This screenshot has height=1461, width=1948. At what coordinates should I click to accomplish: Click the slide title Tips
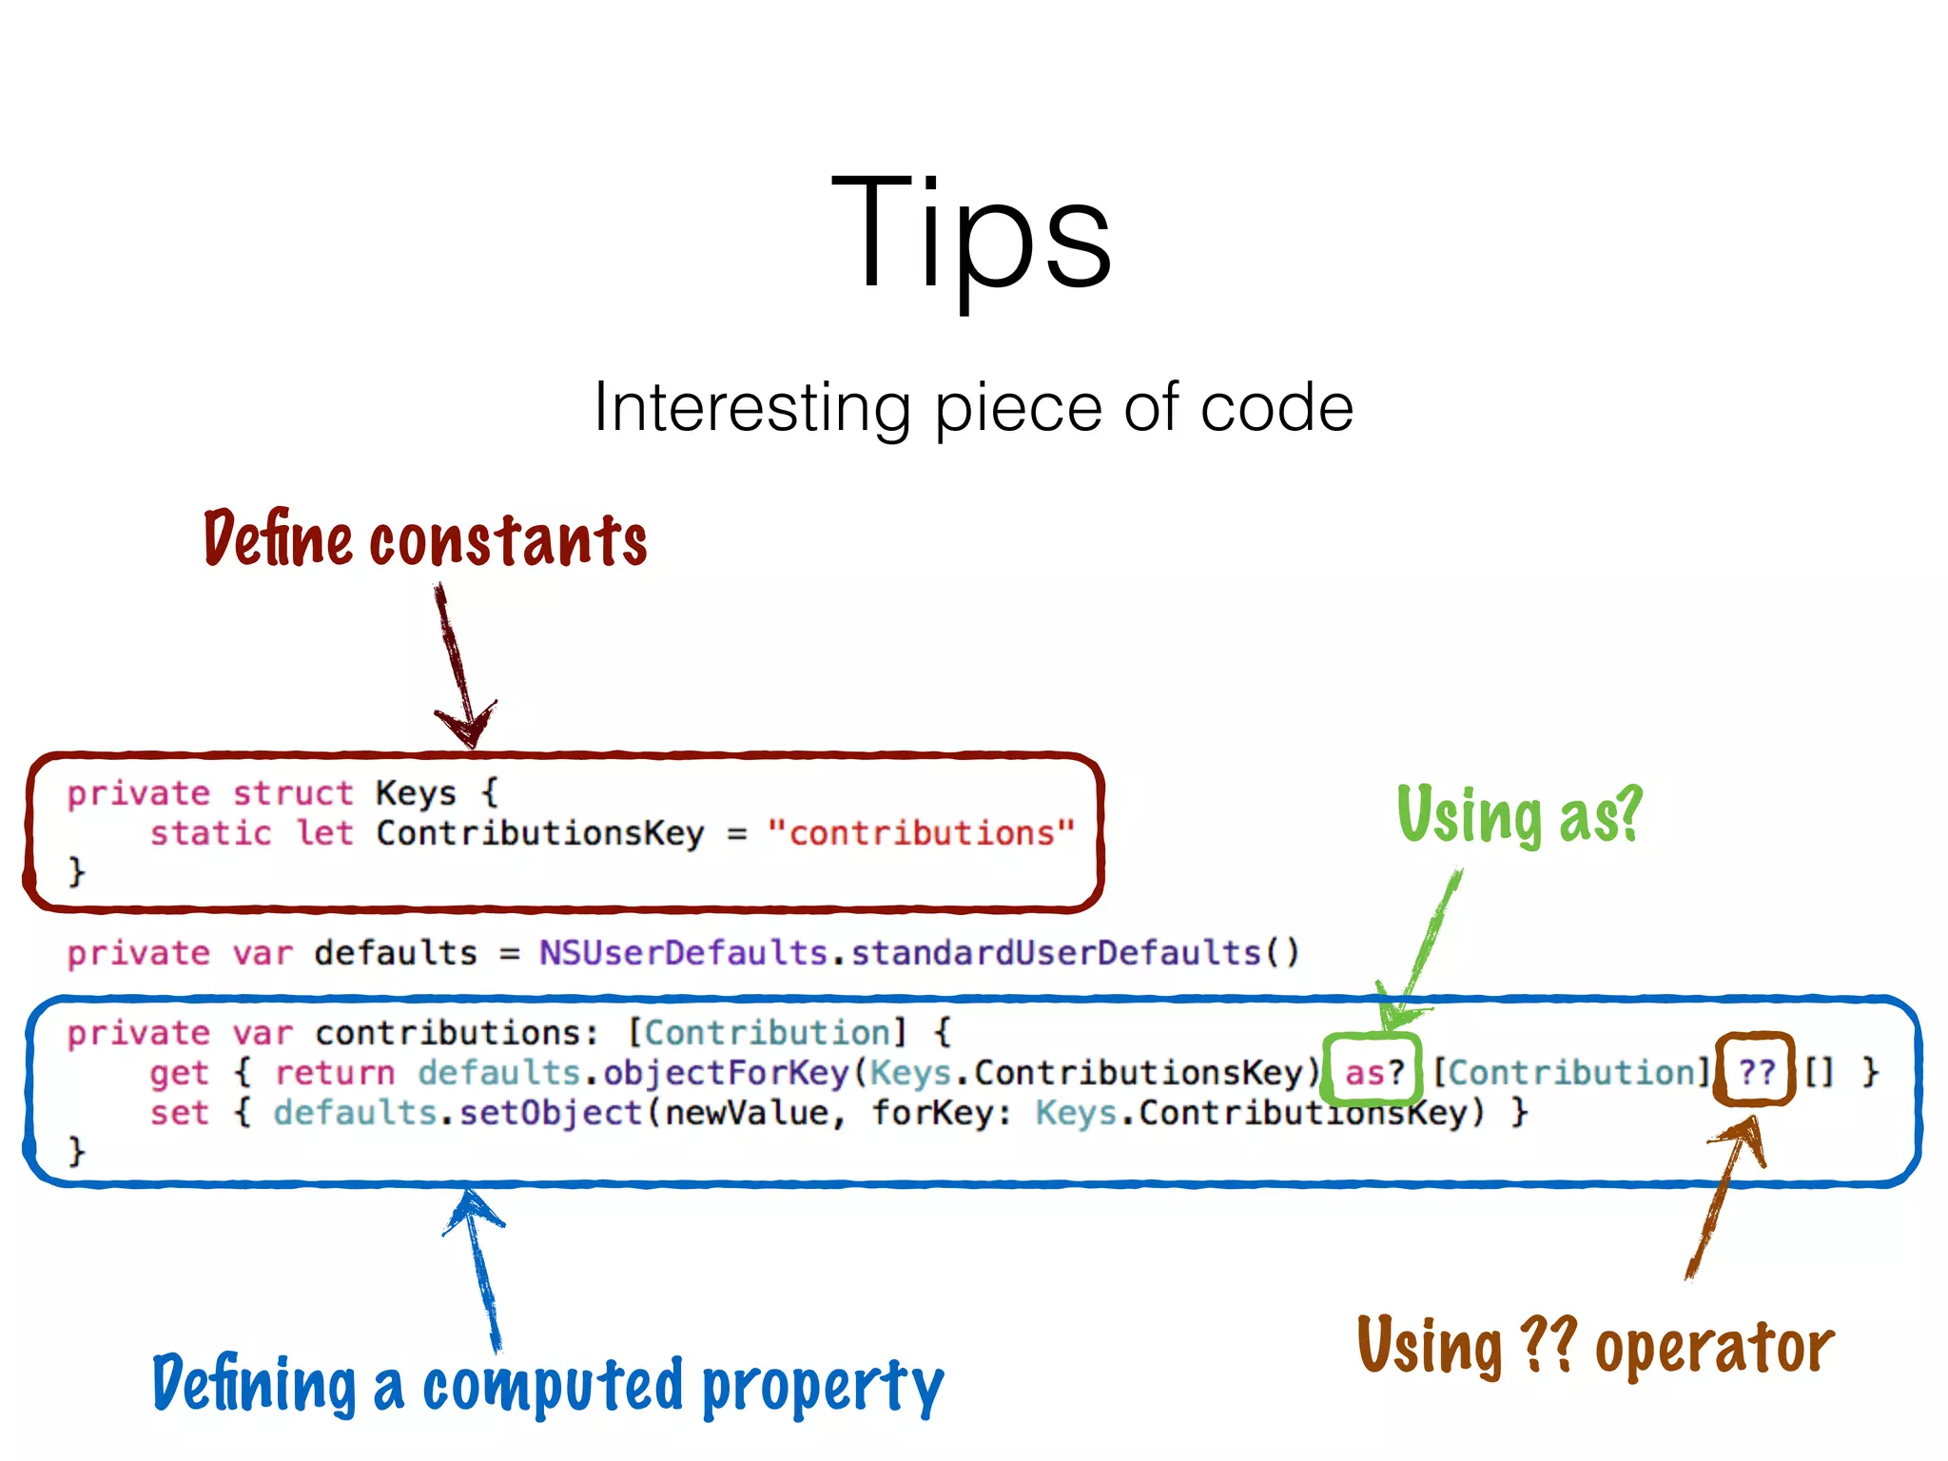point(971,233)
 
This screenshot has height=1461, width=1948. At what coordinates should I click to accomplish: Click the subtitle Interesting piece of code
point(973,408)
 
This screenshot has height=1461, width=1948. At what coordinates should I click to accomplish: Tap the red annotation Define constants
point(425,538)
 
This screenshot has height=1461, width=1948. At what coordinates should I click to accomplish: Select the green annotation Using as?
point(1519,815)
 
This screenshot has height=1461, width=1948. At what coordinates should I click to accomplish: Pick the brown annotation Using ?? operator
point(1595,1346)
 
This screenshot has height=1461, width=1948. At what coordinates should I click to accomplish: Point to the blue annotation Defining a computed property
point(548,1384)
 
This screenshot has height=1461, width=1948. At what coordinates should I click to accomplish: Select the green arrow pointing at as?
point(1423,951)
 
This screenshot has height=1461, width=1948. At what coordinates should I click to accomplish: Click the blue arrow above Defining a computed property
point(479,1265)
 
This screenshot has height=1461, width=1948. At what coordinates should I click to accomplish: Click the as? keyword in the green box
point(1373,1073)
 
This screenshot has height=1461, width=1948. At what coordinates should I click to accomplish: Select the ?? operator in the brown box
point(1756,1073)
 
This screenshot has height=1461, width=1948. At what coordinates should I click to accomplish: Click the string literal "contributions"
point(921,833)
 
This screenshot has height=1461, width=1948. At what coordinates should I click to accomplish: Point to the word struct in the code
point(292,793)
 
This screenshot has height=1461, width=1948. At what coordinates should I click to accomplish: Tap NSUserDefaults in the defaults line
point(683,953)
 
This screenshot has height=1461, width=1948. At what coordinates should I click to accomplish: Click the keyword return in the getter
point(335,1073)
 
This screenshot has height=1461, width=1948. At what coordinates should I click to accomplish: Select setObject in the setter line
point(551,1113)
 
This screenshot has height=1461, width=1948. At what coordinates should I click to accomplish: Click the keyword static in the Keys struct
point(210,833)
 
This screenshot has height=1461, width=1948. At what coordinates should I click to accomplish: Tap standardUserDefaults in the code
point(1056,953)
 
